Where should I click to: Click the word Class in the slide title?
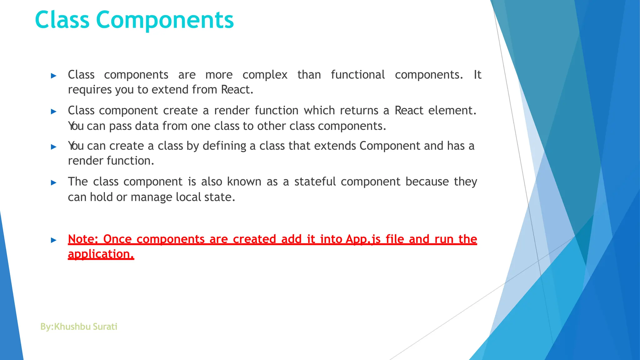tap(62, 20)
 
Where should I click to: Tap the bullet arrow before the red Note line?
tap(54, 240)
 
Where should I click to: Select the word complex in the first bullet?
tap(265, 75)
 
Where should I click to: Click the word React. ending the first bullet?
tap(237, 90)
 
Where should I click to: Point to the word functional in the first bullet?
tap(357, 75)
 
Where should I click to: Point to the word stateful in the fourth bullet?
tap(315, 182)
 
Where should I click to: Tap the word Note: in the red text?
tap(83, 239)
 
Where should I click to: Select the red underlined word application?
tap(101, 254)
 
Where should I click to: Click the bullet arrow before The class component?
tap(54, 182)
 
